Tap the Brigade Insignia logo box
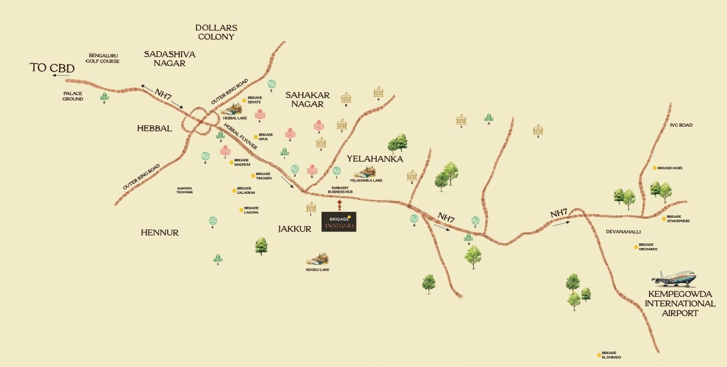click(339, 222)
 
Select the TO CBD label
click(52, 68)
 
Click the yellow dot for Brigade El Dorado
click(599, 355)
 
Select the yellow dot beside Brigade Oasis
click(654, 168)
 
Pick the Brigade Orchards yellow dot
click(635, 246)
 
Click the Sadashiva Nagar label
click(169, 58)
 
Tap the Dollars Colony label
click(217, 32)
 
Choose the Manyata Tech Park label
click(185, 190)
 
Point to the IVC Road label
click(681, 125)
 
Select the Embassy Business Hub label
click(342, 190)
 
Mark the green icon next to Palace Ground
click(105, 96)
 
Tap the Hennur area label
click(159, 233)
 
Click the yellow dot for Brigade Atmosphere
click(663, 218)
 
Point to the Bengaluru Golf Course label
click(104, 58)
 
